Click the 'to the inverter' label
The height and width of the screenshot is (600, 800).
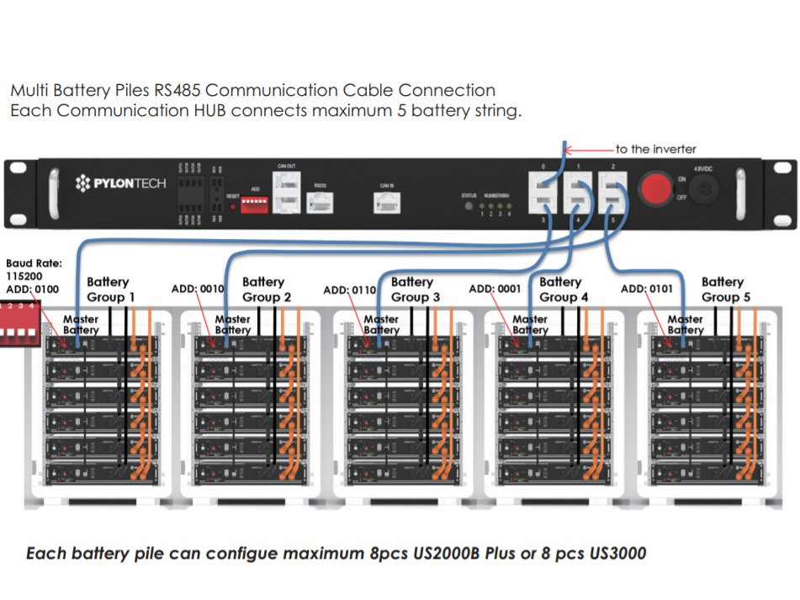[x=655, y=149]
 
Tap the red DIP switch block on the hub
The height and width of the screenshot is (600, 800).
[x=254, y=204]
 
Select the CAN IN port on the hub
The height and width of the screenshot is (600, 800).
[x=386, y=200]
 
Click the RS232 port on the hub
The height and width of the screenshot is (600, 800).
[x=320, y=202]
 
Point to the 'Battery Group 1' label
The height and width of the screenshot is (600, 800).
[x=109, y=289]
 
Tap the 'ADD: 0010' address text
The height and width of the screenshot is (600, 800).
[x=198, y=289]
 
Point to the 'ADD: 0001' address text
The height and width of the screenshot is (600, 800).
[x=495, y=289]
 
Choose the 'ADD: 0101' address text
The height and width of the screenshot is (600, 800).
[x=646, y=289]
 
